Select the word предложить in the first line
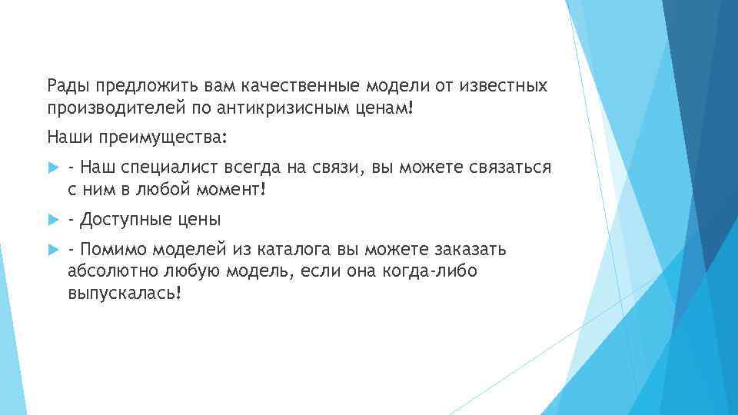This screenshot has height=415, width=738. pos(141,85)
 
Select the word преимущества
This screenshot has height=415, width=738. pos(165,138)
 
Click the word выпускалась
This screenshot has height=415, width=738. pos(124,294)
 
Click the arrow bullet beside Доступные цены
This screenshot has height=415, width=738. pos(53,220)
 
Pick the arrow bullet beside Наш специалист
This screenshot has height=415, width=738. pos(53,168)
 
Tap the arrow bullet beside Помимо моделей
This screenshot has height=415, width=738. pos(53,250)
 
